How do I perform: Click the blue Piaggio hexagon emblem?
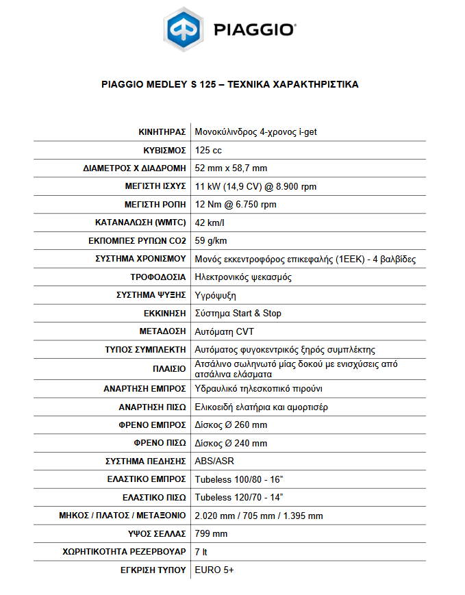tap(185, 30)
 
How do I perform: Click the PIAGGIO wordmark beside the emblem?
tap(255, 30)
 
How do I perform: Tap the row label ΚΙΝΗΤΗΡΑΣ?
tap(162, 131)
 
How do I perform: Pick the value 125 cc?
tap(208, 150)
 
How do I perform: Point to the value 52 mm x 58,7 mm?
tap(231, 168)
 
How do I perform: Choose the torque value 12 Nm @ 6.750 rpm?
tap(236, 204)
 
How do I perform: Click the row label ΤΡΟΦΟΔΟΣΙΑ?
tap(159, 277)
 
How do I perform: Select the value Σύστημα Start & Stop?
tap(238, 313)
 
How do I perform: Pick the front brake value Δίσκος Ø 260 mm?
tap(231, 425)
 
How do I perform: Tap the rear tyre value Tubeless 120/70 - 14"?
tap(239, 497)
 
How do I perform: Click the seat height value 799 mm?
tap(211, 533)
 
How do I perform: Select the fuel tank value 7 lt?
tap(201, 551)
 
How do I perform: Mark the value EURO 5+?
tap(214, 570)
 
